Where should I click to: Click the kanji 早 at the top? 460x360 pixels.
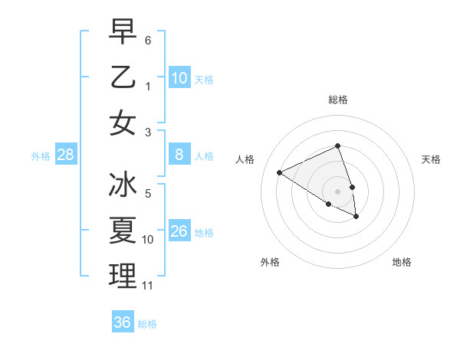point(123,31)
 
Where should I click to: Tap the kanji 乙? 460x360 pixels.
point(123,77)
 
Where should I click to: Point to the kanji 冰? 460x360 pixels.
point(123,185)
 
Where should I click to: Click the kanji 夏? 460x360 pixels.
point(123,230)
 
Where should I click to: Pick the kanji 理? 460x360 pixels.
point(123,276)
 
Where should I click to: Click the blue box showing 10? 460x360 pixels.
point(179,78)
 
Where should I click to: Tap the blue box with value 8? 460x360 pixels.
point(179,155)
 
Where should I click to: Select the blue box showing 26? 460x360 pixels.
point(179,231)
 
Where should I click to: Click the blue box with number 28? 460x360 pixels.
point(66,155)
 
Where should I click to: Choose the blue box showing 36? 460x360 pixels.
point(123,322)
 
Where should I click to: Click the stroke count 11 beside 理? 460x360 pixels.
point(149,286)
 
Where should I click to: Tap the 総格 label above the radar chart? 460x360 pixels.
point(338,100)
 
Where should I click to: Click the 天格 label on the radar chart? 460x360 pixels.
point(432,159)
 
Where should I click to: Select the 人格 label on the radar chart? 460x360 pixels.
point(245,159)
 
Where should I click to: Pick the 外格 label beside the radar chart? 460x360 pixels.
point(270,262)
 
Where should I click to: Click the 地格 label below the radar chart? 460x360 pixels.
point(402,262)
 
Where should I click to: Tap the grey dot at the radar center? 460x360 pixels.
point(338,191)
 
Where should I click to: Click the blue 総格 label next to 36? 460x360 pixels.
point(147,324)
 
